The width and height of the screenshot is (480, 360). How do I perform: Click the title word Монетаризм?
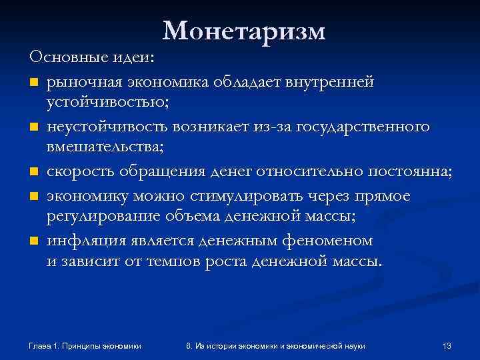tap(244, 31)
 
